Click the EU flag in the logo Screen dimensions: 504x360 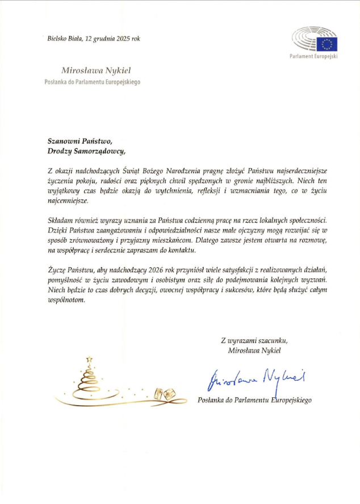(x=328, y=44)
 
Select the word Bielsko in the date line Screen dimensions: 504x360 (x=58, y=39)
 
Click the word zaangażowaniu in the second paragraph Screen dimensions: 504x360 (x=123, y=231)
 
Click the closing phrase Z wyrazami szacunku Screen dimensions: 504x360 (x=254, y=340)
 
